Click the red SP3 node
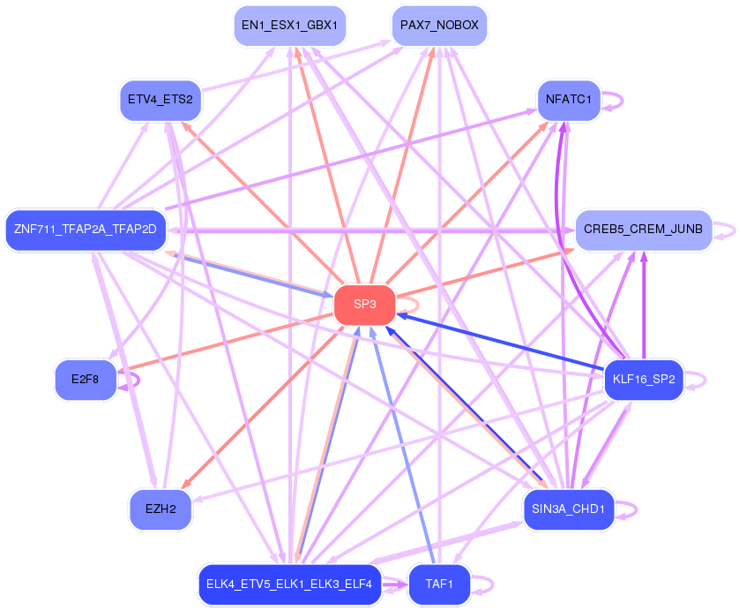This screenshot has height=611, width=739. click(364, 305)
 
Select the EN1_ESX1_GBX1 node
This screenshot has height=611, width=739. click(289, 26)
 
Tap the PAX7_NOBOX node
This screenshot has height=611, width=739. click(439, 26)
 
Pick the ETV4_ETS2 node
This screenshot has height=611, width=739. click(160, 99)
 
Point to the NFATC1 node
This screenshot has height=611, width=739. click(568, 99)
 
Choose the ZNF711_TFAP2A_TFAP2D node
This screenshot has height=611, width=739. click(85, 230)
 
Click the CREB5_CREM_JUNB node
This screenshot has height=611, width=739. click(643, 230)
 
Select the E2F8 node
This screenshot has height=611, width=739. click(86, 381)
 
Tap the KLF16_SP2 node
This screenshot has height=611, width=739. click(643, 381)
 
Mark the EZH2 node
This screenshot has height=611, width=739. click(160, 509)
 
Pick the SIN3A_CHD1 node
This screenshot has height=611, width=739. click(568, 509)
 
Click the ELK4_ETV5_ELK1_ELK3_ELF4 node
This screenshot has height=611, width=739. click(289, 585)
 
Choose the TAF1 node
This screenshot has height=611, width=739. click(438, 585)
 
